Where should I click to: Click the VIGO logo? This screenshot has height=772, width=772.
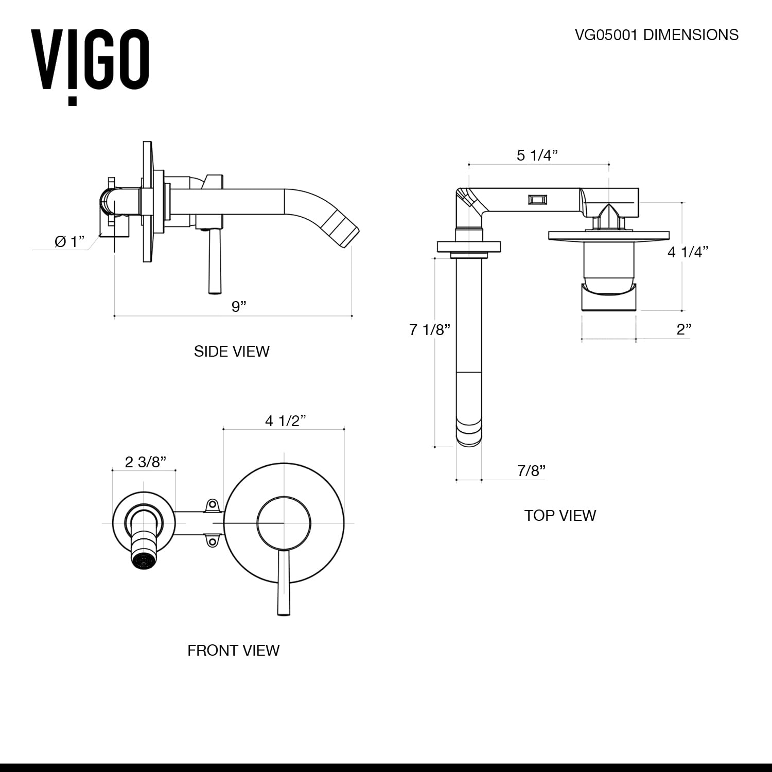click(x=91, y=65)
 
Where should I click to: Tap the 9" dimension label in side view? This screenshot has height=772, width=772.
click(x=239, y=307)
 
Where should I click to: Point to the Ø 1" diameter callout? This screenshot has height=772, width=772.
click(x=69, y=241)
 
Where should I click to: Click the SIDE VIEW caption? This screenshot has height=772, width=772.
click(x=232, y=352)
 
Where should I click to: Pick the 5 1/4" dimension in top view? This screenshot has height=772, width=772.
click(x=537, y=155)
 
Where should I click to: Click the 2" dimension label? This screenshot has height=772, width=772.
click(x=683, y=329)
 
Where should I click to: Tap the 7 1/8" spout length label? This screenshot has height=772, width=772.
click(x=430, y=329)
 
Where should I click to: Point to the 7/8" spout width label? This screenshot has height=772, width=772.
click(x=531, y=470)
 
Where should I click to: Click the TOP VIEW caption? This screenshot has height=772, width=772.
click(x=560, y=516)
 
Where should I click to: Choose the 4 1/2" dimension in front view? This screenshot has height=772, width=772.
click(x=286, y=421)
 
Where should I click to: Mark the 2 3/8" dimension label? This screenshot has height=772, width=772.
click(x=146, y=462)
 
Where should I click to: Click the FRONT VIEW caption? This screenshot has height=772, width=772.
click(x=233, y=651)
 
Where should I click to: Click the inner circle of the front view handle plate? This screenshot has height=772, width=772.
click(x=284, y=523)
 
